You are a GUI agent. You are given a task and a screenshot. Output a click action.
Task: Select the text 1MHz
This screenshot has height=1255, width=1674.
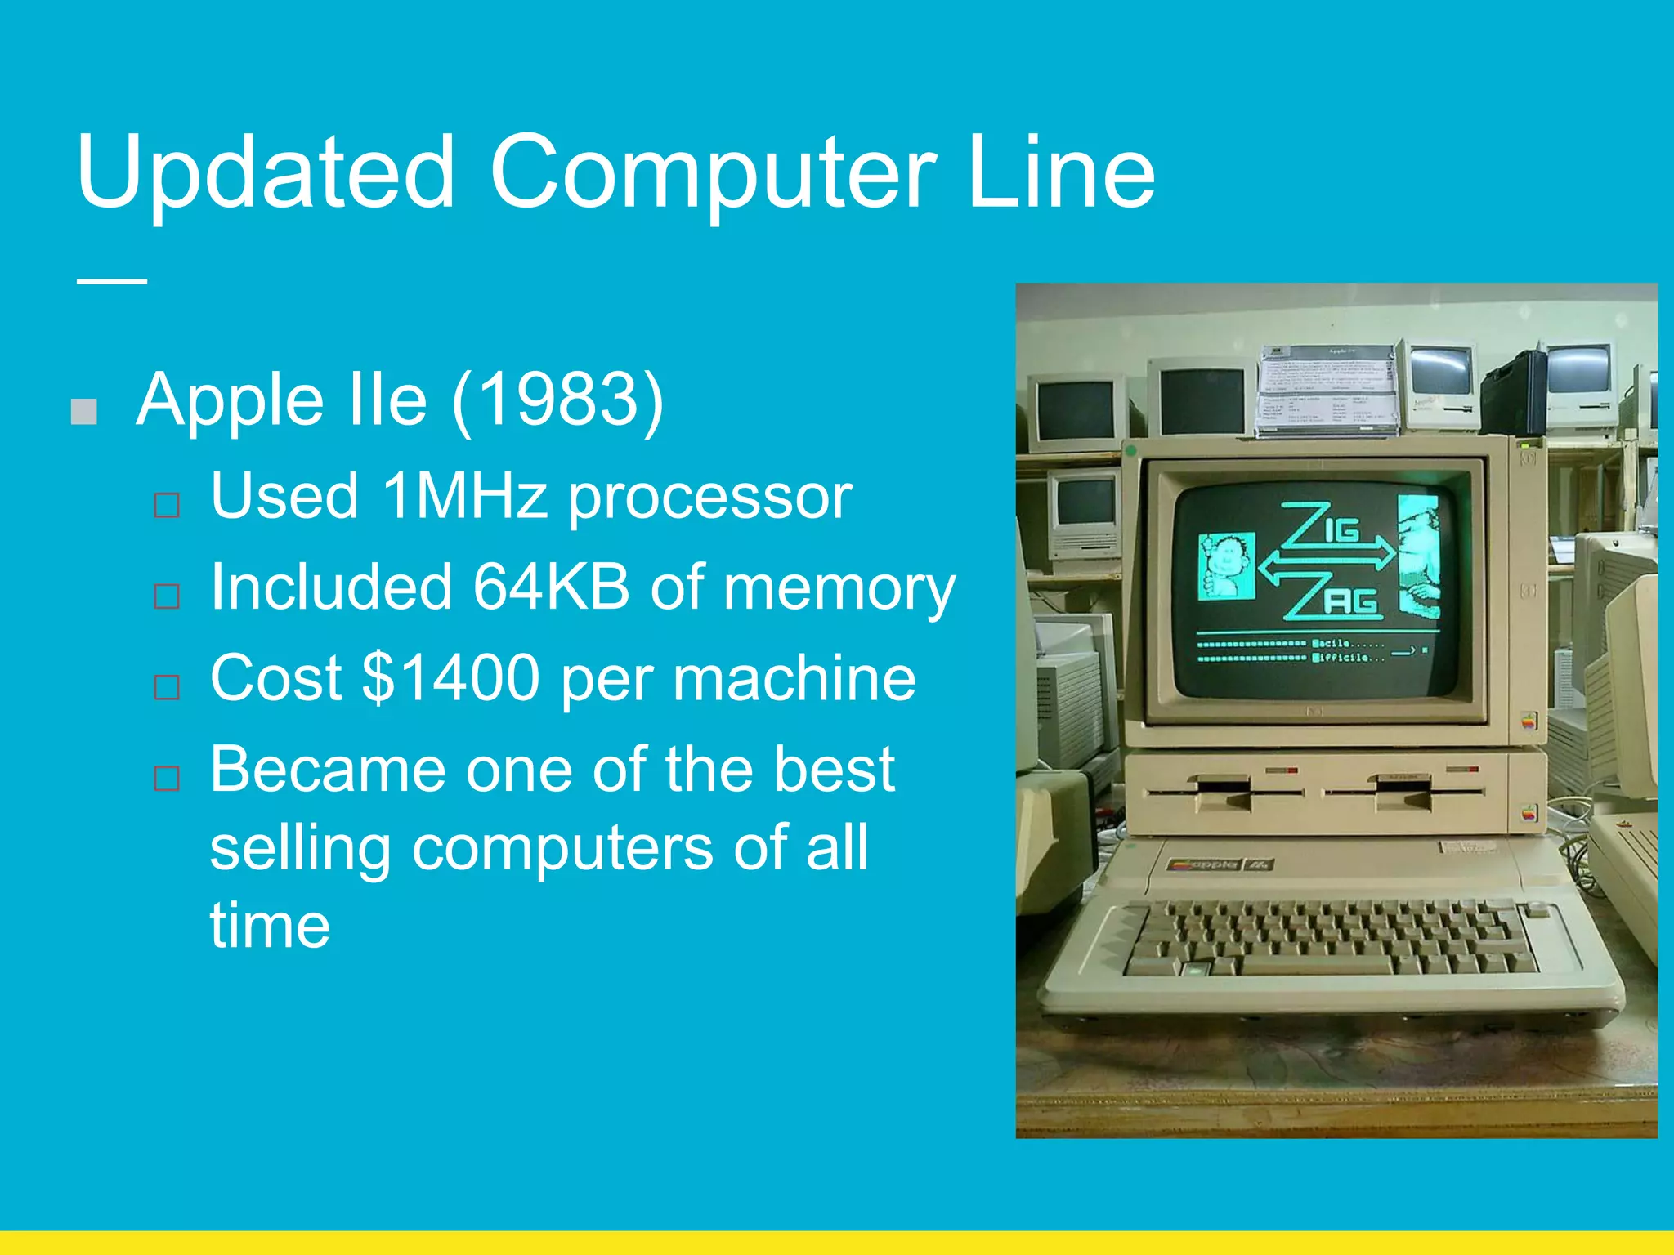tap(463, 496)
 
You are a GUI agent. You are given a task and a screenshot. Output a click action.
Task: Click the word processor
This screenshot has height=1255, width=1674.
tap(709, 496)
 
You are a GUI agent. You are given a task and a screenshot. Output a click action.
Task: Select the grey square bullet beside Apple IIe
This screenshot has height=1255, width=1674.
tap(84, 412)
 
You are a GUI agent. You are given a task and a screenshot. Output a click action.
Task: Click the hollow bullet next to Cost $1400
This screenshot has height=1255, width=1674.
tap(167, 687)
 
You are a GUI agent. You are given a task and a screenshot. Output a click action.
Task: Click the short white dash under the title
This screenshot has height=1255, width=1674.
tap(112, 281)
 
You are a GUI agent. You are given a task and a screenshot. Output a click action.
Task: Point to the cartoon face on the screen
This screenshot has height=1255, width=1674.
tap(1226, 564)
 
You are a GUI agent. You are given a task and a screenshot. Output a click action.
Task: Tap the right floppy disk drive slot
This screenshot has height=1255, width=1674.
tap(1403, 791)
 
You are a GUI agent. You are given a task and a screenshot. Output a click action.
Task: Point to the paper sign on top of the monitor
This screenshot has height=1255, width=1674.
tap(1327, 388)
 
